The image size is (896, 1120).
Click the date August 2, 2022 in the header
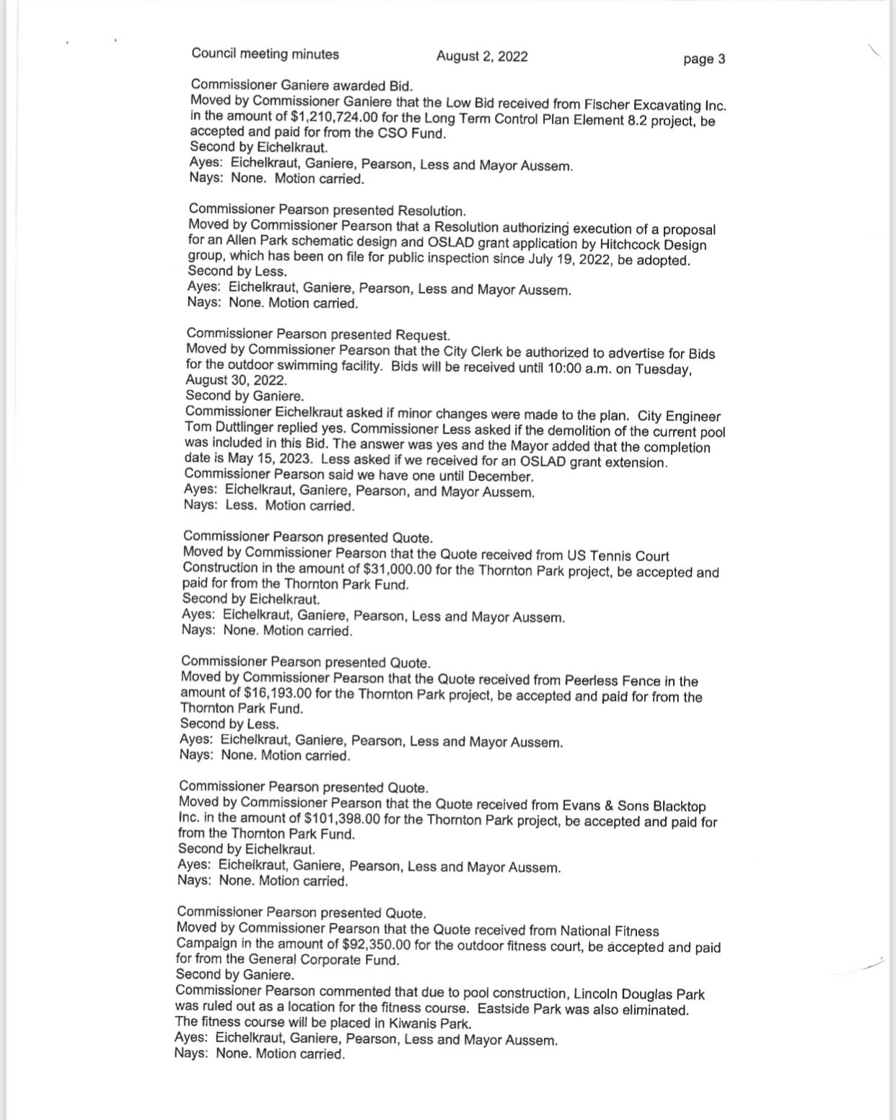(x=482, y=56)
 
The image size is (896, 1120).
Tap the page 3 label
(x=704, y=59)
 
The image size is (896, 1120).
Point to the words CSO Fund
(x=412, y=133)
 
